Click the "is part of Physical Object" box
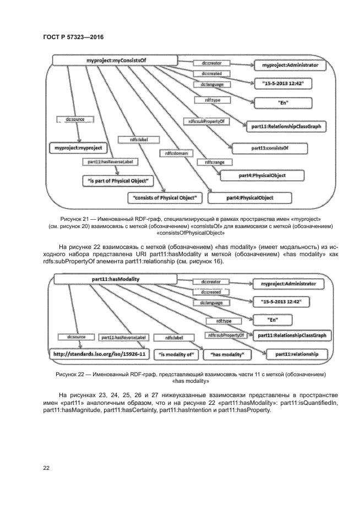(118, 180)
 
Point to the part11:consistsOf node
(270, 148)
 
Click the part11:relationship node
(296, 354)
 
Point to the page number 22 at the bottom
(46, 468)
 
